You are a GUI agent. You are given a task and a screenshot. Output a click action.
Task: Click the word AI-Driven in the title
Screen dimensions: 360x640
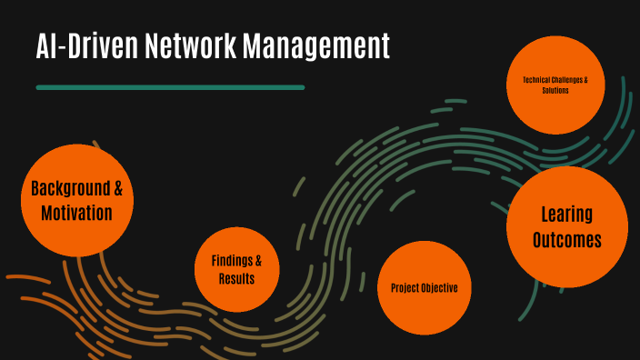pyautogui.click(x=87, y=45)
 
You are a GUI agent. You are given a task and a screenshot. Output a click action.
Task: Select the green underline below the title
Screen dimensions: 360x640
pyautogui.click(x=170, y=87)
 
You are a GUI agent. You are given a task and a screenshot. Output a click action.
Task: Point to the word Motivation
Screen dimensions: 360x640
pyautogui.click(x=76, y=214)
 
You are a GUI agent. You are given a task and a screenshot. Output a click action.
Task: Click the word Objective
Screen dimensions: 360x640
pyautogui.click(x=441, y=288)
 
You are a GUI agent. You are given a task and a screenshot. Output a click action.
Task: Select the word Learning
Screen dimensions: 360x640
pyautogui.click(x=566, y=215)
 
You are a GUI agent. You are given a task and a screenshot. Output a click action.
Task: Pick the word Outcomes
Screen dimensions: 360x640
pyautogui.click(x=566, y=240)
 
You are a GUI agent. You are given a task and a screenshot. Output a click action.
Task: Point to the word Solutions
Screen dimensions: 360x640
pyautogui.click(x=555, y=91)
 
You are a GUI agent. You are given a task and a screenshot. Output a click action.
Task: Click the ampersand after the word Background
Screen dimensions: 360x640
pyautogui.click(x=116, y=190)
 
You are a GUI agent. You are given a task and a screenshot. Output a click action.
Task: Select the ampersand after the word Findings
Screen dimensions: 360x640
pyautogui.click(x=259, y=261)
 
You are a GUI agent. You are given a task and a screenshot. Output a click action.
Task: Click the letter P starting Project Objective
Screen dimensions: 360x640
pyautogui.click(x=394, y=288)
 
